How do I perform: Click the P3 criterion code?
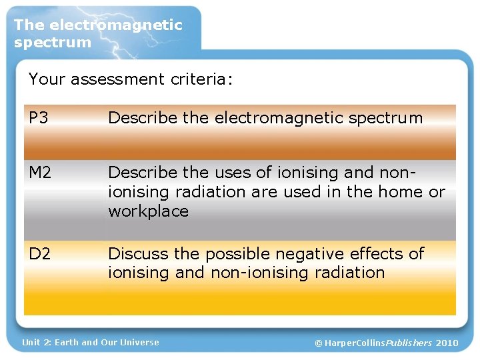coord(39,118)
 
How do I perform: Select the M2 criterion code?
coord(40,173)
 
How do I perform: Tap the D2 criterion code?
coord(39,254)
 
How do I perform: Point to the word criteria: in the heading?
coord(203,80)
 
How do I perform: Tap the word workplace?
coord(148,211)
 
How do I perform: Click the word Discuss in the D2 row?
coord(138,254)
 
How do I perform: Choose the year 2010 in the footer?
coord(447,343)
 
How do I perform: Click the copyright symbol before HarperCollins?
coord(319,343)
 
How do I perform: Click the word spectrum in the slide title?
coord(53,42)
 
